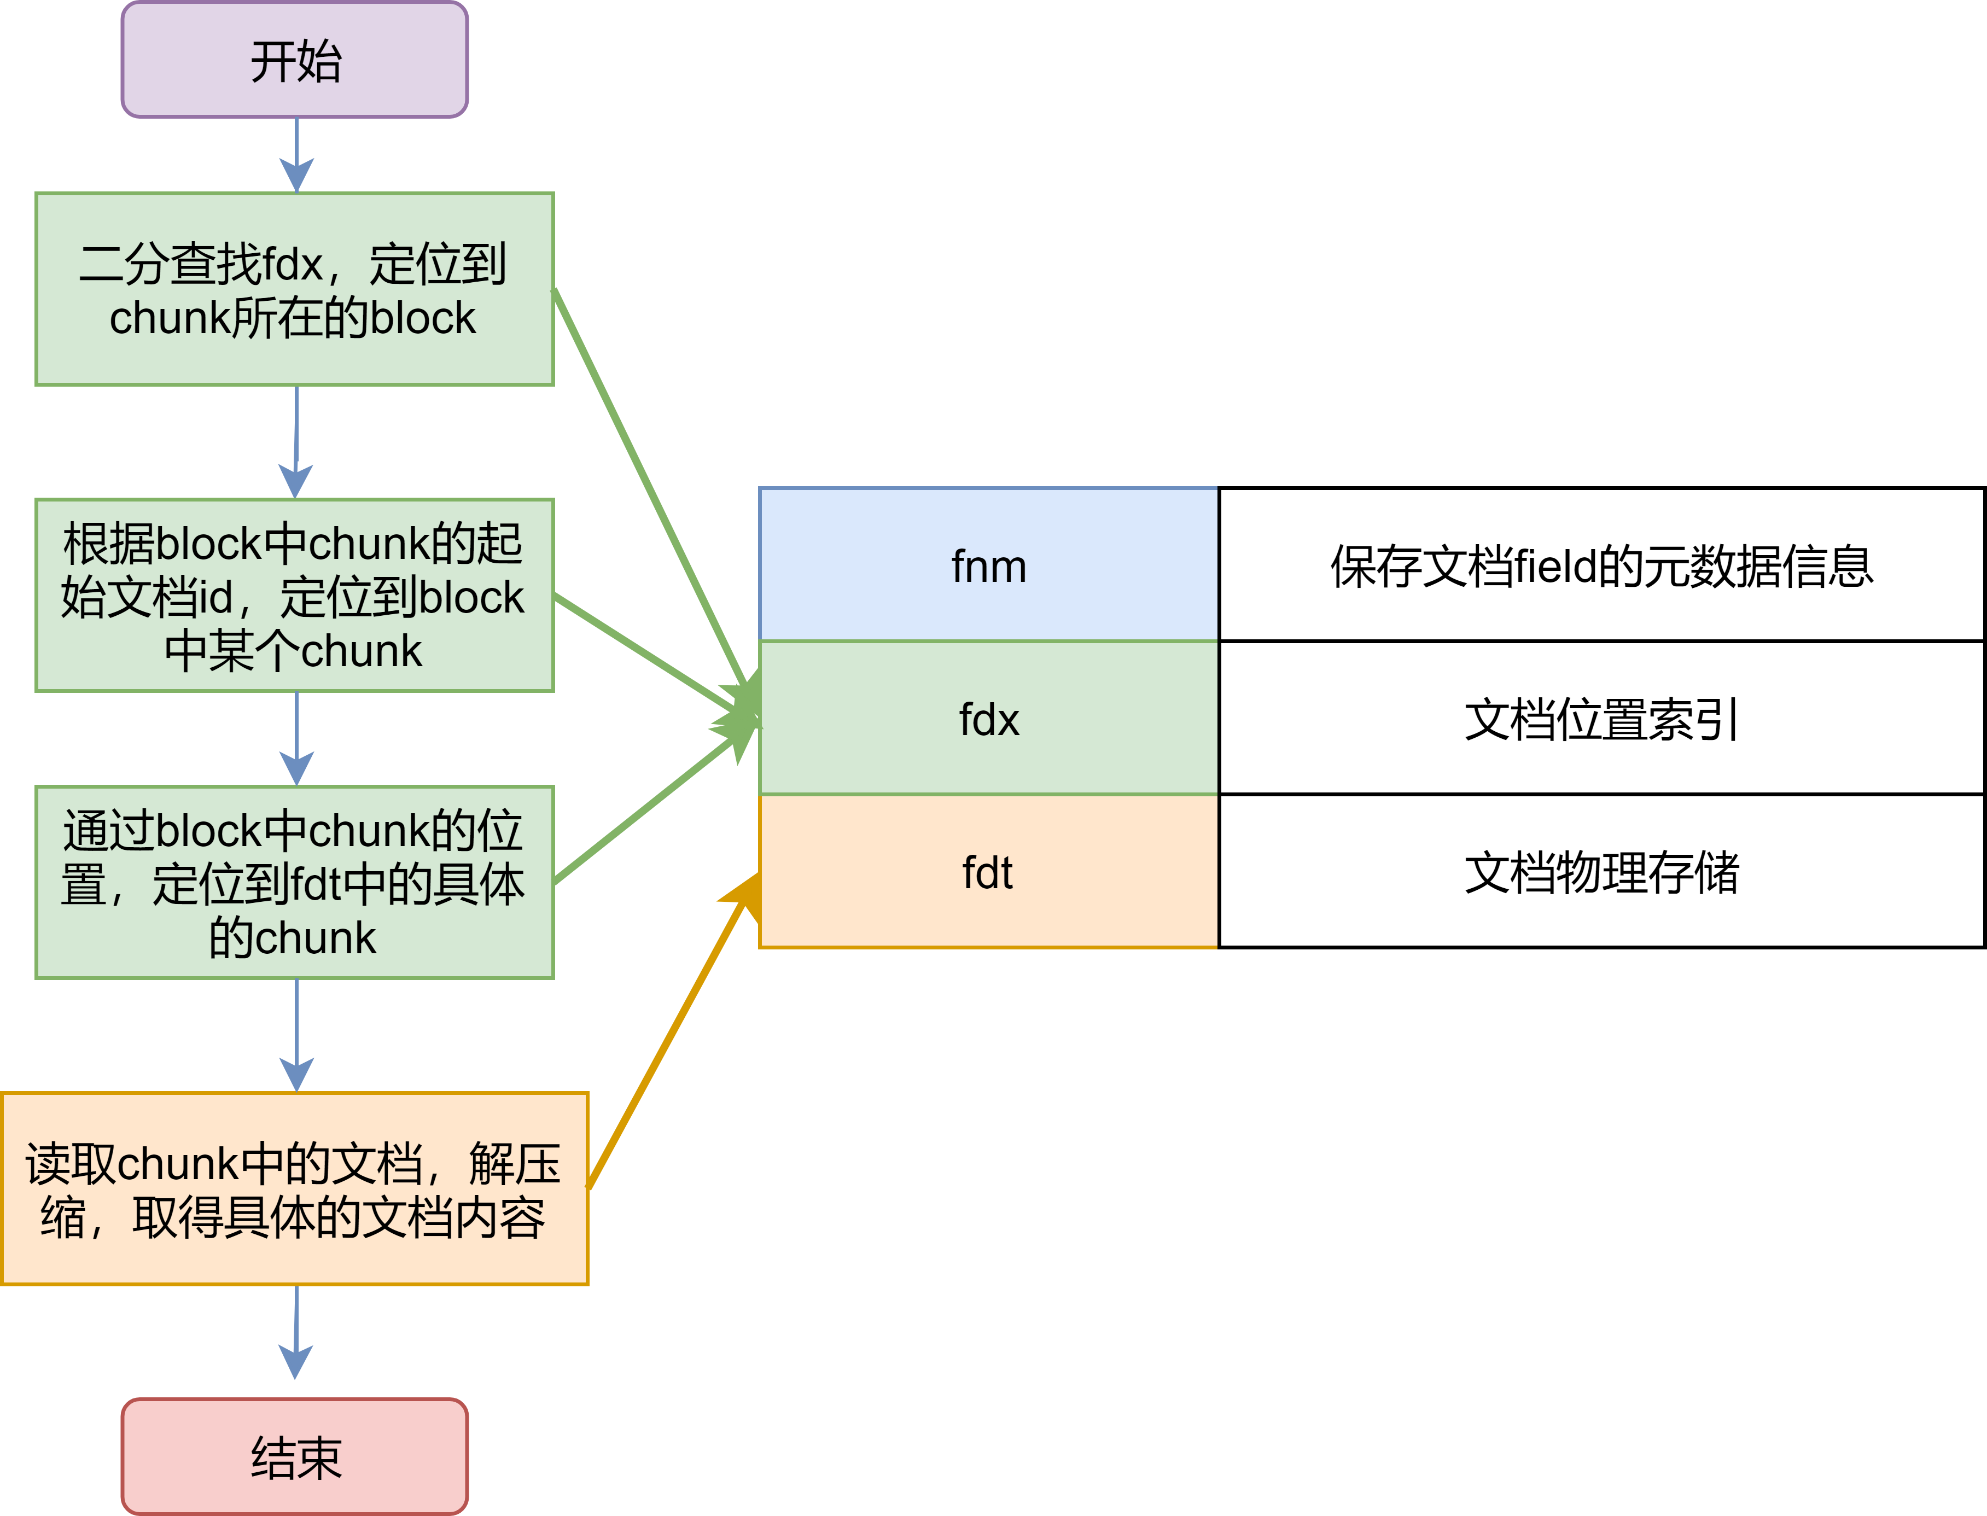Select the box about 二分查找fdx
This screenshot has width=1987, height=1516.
pyautogui.click(x=294, y=289)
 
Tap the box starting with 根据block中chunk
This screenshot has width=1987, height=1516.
pyautogui.click(x=294, y=596)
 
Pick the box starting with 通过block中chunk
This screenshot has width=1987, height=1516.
pyautogui.click(x=294, y=883)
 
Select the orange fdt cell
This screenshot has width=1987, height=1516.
pyautogui.click(x=988, y=872)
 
